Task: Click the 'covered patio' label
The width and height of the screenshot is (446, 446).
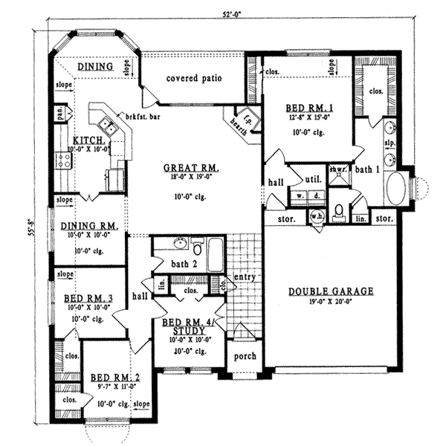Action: pos(194,77)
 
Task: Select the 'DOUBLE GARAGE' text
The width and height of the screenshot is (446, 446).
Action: pos(331,291)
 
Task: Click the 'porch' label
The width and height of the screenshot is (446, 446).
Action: pos(245,356)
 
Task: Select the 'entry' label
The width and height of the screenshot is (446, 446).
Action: pos(245,277)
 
